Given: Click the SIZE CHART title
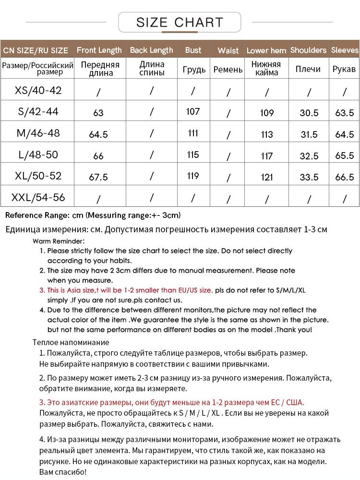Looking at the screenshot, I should tap(180, 22).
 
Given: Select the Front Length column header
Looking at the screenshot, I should tap(99, 50).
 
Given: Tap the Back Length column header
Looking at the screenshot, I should tap(151, 50).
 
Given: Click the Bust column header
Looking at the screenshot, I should tap(193, 50).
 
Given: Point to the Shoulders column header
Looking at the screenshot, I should tap(308, 50).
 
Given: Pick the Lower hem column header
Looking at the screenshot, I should tap(266, 50).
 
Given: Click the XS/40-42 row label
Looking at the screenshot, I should tap(38, 90).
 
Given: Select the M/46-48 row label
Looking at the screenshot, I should tap(38, 133).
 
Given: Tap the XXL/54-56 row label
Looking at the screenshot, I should tap(38, 197).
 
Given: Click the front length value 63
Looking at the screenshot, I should tap(98, 113).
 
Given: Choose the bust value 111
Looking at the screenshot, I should tap(193, 133).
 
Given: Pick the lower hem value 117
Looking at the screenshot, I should tap(266, 156).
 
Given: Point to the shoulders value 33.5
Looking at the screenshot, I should tap(309, 177).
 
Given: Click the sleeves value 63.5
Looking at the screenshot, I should tap(345, 113).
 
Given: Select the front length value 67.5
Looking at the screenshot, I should tap(98, 177).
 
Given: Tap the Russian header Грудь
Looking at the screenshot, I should tap(194, 70).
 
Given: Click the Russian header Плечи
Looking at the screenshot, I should tap(308, 69).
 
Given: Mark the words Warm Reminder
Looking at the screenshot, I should tap(59, 241).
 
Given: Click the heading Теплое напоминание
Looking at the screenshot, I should tap(71, 342).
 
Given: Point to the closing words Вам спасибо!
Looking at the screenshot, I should tap(63, 472).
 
